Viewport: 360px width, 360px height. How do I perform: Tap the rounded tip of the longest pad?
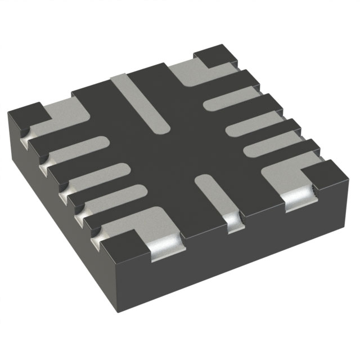click(x=161, y=128)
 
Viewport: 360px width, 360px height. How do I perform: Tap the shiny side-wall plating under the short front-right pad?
click(x=232, y=223)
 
